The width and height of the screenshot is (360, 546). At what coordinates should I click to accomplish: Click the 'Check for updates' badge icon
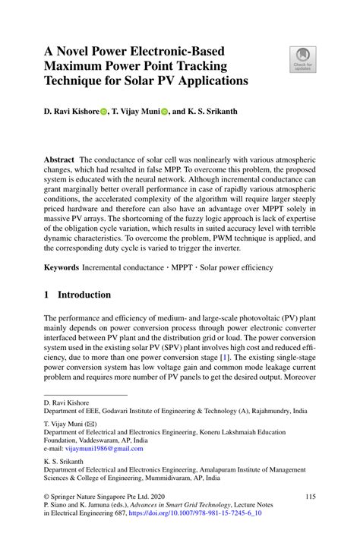click(302, 59)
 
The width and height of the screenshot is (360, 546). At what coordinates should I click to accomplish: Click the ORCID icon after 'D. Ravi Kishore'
click(104, 112)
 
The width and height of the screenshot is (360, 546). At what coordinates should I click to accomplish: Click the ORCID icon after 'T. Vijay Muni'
click(165, 112)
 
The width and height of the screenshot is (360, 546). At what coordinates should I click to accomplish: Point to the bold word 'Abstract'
click(58, 161)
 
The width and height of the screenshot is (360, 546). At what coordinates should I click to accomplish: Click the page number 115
click(310, 497)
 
